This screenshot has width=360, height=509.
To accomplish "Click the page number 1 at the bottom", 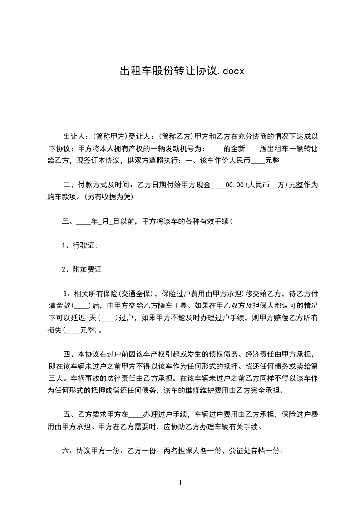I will coord(180,483).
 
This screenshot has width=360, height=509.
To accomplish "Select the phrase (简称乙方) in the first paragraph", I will coord(178,136).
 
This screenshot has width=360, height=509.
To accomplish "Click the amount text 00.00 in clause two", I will coord(235,185).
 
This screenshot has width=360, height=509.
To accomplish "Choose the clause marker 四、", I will coord(69,354).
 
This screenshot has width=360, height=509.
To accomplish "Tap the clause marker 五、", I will coord(69,415).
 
